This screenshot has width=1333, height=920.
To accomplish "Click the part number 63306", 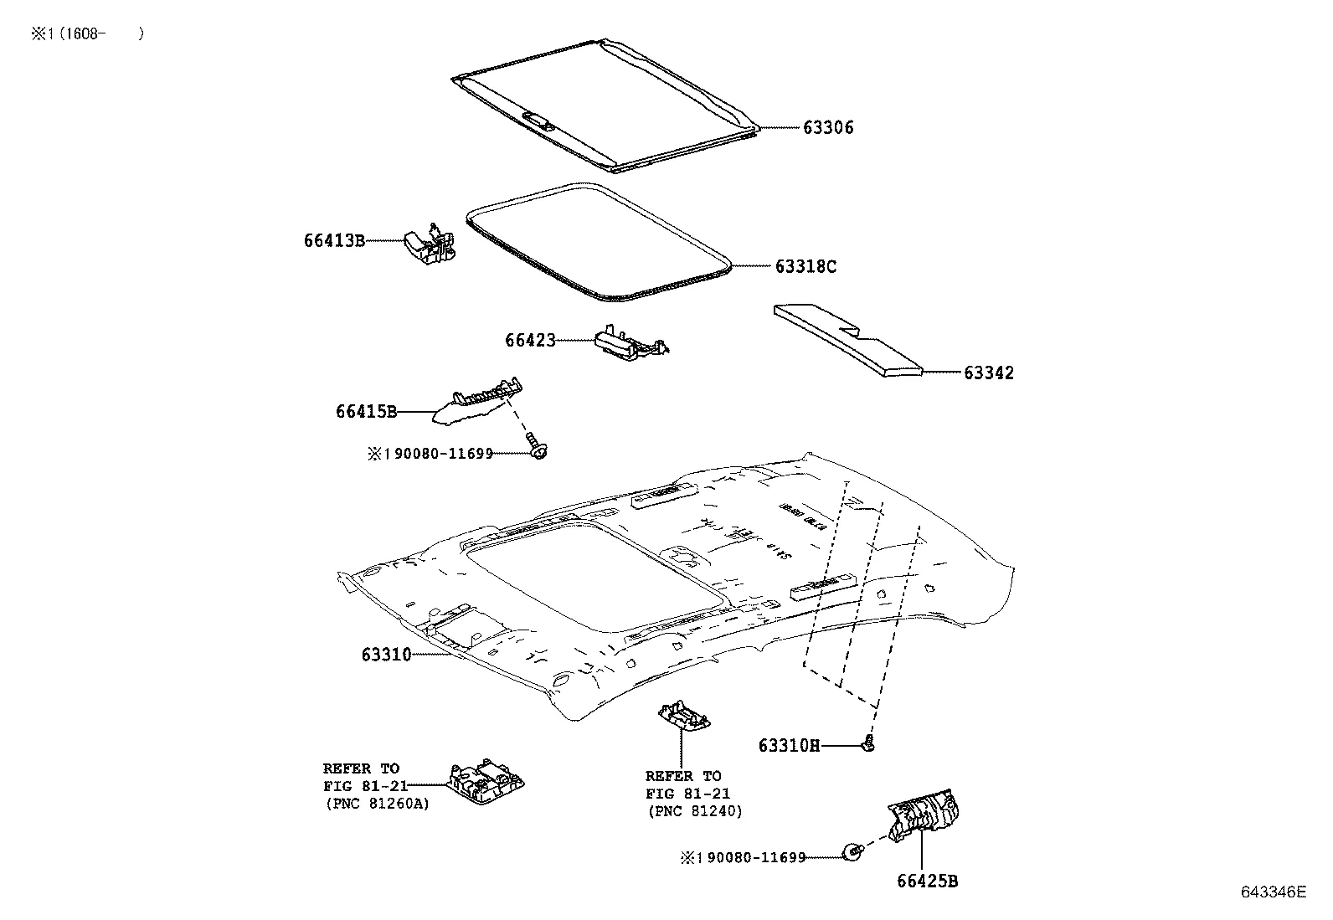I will pyautogui.click(x=828, y=128).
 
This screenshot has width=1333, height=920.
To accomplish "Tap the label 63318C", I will pyautogui.click(x=805, y=267).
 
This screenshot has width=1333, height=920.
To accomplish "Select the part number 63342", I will pyautogui.click(x=988, y=373).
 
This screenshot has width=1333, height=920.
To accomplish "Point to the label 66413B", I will pyautogui.click(x=334, y=241).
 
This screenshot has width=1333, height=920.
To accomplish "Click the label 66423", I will pyautogui.click(x=530, y=341).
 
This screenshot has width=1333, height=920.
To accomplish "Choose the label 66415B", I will pyautogui.click(x=366, y=412).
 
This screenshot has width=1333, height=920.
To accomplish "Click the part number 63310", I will pyautogui.click(x=386, y=655).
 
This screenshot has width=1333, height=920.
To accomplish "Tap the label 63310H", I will pyautogui.click(x=789, y=746).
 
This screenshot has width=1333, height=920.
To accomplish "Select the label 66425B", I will pyautogui.click(x=927, y=881).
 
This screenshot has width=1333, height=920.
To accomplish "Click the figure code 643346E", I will pyautogui.click(x=1273, y=892).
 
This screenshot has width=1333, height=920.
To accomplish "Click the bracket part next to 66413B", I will pyautogui.click(x=431, y=245).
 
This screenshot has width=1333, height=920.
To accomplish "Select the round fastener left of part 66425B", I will pyautogui.click(x=852, y=853).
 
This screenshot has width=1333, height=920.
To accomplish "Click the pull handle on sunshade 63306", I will pyautogui.click(x=538, y=120).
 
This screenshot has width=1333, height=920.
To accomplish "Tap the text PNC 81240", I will pyautogui.click(x=695, y=811).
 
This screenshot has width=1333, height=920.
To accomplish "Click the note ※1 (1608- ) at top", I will pyautogui.click(x=87, y=33).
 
